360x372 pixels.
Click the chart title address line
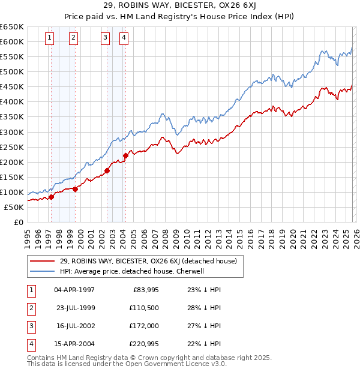point(179,6)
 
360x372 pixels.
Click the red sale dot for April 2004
point(125,156)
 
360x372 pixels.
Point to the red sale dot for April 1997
point(51,197)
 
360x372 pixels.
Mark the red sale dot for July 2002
point(107,170)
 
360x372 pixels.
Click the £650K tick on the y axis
point(12,27)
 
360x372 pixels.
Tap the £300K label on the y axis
point(12,132)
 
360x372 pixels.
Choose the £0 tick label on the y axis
point(18,222)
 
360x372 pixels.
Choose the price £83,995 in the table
point(145,290)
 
